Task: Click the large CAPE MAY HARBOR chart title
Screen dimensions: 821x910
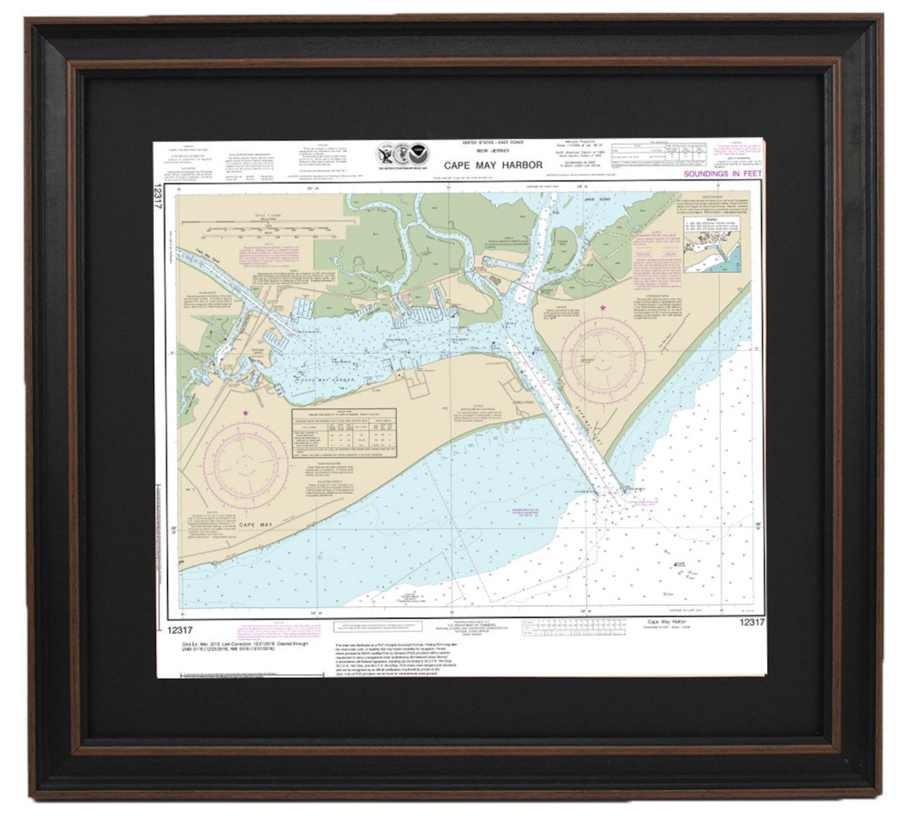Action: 492,165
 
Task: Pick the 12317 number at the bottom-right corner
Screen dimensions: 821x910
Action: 751,622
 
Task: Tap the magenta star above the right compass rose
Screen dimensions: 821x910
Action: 603,309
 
